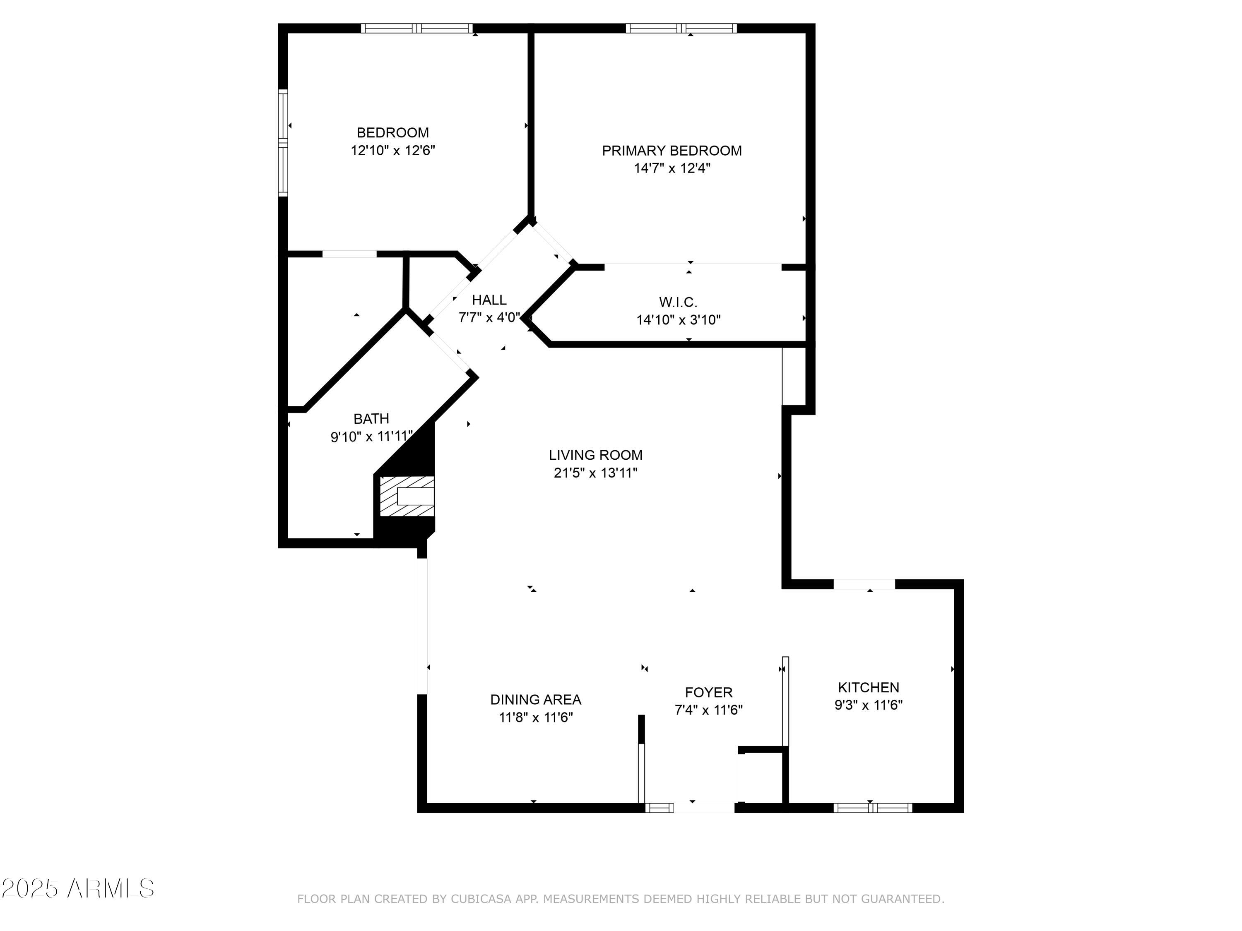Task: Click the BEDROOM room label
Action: [x=392, y=133]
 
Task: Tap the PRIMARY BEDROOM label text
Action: [x=672, y=150]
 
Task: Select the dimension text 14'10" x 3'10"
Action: [x=678, y=320]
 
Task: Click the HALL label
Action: [x=489, y=300]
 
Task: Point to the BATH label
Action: [x=371, y=419]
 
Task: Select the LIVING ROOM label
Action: [x=595, y=455]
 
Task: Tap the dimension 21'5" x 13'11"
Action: [x=595, y=473]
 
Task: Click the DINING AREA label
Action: [x=536, y=700]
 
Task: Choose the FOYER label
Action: [x=709, y=693]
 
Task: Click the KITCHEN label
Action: [x=868, y=687]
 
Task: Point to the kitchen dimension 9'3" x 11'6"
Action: [x=868, y=705]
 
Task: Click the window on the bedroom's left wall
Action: [x=283, y=143]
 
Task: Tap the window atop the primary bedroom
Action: [x=681, y=28]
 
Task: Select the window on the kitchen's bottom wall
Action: [x=873, y=808]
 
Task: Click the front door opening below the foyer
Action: [x=703, y=808]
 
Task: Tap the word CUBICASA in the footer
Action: [x=481, y=899]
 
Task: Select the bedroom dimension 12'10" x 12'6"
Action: [x=392, y=150]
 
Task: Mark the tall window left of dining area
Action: [x=422, y=626]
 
